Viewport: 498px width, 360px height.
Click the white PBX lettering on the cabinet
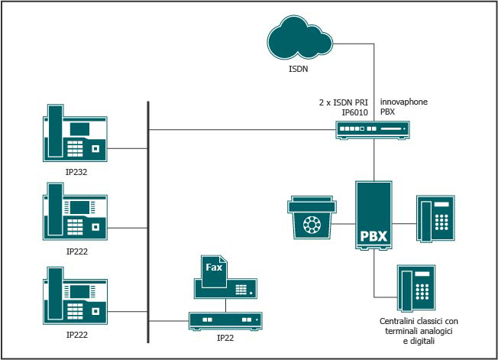pyautogui.click(x=373, y=236)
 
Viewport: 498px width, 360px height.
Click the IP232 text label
pyautogui.click(x=76, y=173)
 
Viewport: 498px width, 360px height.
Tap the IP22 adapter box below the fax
pyautogui.click(x=225, y=319)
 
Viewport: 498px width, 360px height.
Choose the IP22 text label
pyautogui.click(x=225, y=337)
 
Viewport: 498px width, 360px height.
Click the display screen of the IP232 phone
pyautogui.click(x=81, y=127)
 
